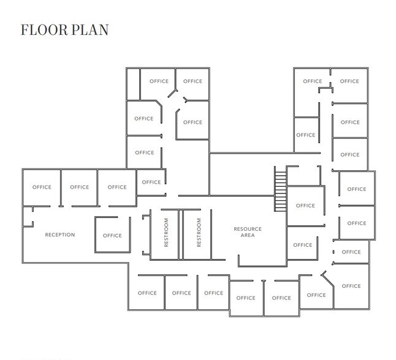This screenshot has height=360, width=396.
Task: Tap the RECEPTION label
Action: pyautogui.click(x=60, y=234)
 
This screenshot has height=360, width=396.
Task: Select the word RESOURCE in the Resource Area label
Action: pyautogui.click(x=248, y=229)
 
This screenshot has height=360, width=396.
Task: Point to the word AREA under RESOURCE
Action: pyautogui.click(x=248, y=235)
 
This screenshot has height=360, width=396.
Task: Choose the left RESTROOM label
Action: pyautogui.click(x=166, y=233)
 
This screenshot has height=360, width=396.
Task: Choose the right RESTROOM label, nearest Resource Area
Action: pyautogui.click(x=199, y=233)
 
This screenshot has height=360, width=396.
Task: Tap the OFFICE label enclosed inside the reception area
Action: pyautogui.click(x=112, y=235)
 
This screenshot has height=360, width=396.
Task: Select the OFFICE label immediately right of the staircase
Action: pyautogui.click(x=305, y=206)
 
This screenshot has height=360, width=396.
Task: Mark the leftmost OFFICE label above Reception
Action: pyautogui.click(x=42, y=187)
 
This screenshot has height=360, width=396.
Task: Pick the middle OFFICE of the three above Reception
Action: pyautogui.click(x=79, y=187)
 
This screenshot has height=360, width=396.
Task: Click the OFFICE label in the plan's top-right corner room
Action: pyautogui.click(x=349, y=81)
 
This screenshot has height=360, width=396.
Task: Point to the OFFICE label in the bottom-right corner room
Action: pyautogui.click(x=351, y=286)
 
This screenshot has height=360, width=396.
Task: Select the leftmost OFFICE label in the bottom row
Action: pyautogui.click(x=147, y=293)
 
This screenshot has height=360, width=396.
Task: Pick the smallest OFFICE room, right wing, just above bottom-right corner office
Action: pyautogui.click(x=351, y=252)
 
